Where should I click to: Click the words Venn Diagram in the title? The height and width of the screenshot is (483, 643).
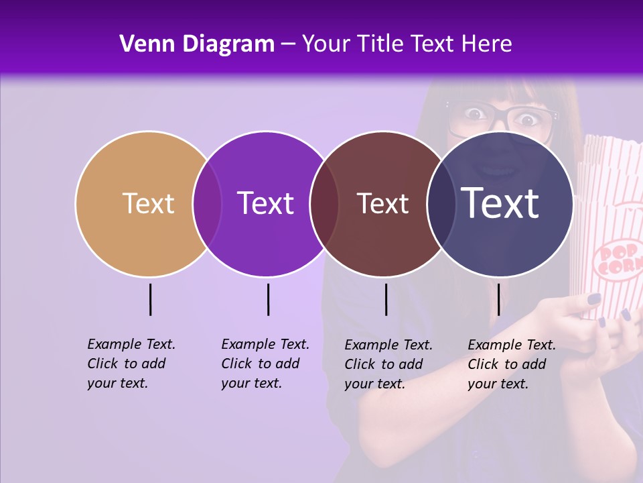[x=196, y=44]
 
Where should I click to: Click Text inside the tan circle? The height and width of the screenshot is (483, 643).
[x=148, y=203]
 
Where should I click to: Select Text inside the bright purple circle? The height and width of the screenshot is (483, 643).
[x=265, y=203]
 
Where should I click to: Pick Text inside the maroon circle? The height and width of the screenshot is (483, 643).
[x=382, y=203]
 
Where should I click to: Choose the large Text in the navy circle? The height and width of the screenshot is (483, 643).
[x=500, y=203]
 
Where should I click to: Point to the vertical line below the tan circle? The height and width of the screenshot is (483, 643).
[x=150, y=299]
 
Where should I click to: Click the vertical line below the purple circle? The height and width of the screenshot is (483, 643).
[x=268, y=299]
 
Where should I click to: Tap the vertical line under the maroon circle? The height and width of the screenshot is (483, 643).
[x=386, y=299]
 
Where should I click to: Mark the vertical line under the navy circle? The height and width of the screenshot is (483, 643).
[x=498, y=299]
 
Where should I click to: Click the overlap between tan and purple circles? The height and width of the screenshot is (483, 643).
[x=207, y=203]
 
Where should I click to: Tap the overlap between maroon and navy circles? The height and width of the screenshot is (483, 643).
[x=440, y=203]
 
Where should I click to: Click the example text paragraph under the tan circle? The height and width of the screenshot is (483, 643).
[x=131, y=364]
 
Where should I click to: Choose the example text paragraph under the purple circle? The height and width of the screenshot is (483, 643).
[x=265, y=364]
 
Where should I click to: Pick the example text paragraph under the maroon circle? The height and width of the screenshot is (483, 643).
[x=388, y=364]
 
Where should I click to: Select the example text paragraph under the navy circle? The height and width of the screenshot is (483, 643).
[x=512, y=364]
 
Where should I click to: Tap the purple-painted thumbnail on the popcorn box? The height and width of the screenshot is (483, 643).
[x=594, y=300]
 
